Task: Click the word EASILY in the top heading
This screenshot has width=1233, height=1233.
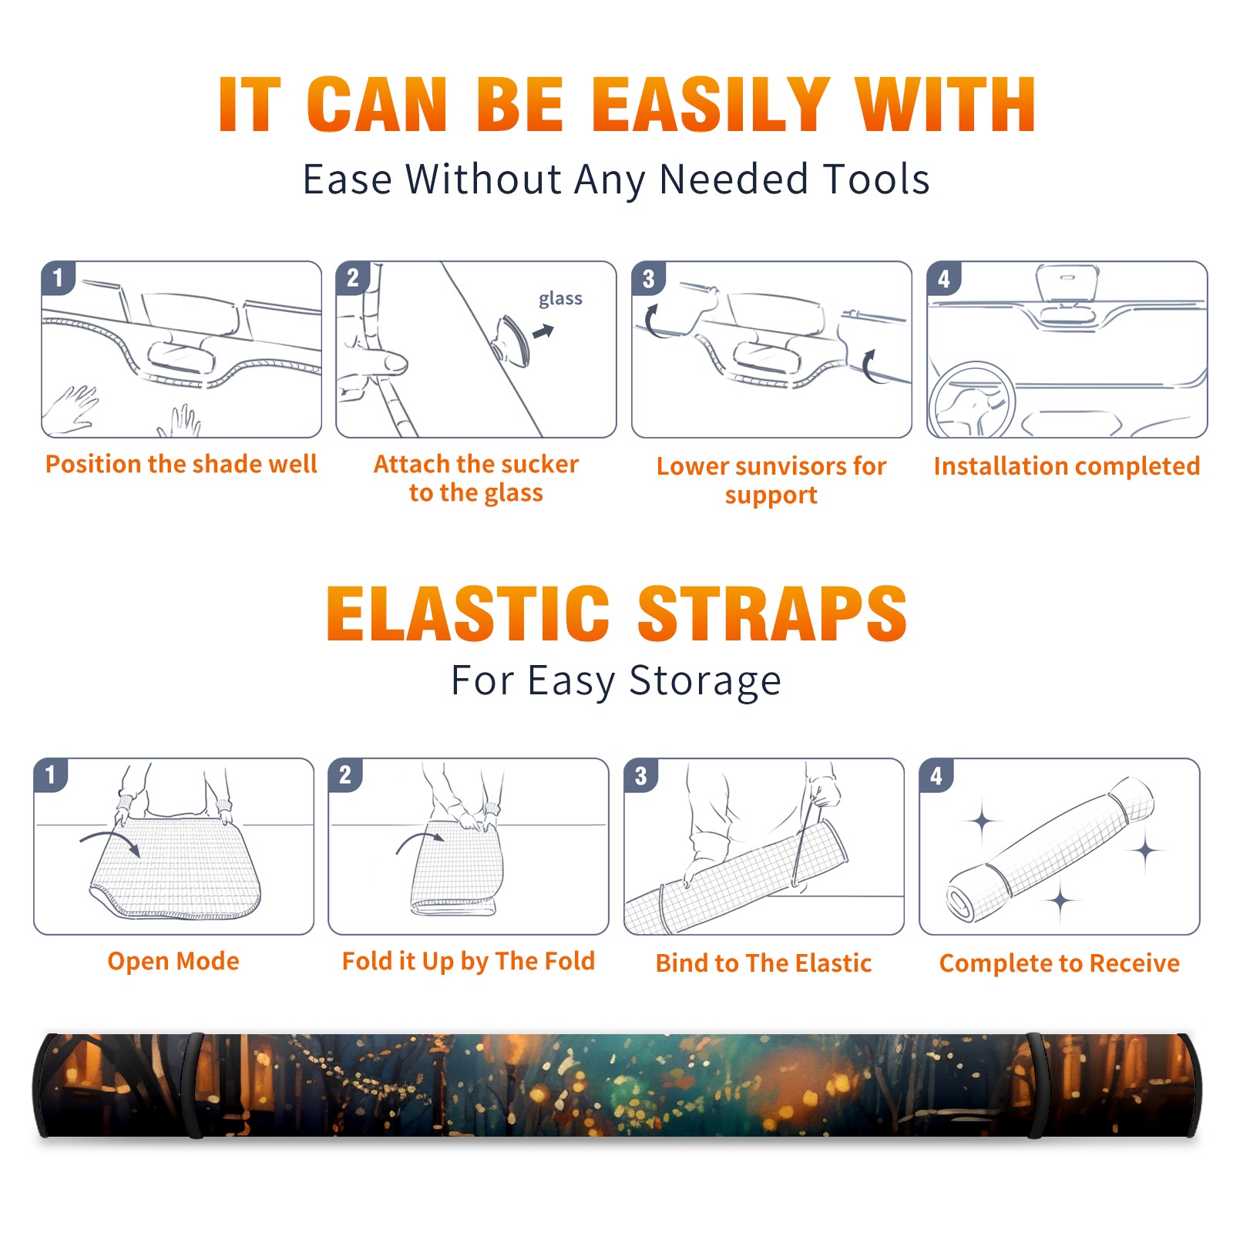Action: click(711, 105)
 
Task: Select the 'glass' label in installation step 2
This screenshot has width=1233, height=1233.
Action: click(560, 298)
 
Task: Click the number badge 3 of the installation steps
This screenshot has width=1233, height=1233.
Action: click(648, 278)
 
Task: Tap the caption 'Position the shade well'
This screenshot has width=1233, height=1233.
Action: click(181, 464)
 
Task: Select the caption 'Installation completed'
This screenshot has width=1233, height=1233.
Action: click(1067, 465)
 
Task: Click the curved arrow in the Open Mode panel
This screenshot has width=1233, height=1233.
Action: click(110, 842)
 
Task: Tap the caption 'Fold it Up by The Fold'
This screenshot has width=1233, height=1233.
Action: click(469, 961)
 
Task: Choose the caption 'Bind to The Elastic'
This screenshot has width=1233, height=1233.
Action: click(764, 963)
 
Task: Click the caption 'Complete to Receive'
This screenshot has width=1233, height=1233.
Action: click(1060, 963)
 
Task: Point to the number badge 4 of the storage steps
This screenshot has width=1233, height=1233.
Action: click(936, 775)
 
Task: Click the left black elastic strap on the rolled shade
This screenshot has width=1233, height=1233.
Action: click(195, 1085)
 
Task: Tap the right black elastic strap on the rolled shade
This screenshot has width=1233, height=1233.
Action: click(1036, 1085)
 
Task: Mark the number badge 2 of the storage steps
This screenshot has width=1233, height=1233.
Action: click(345, 775)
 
